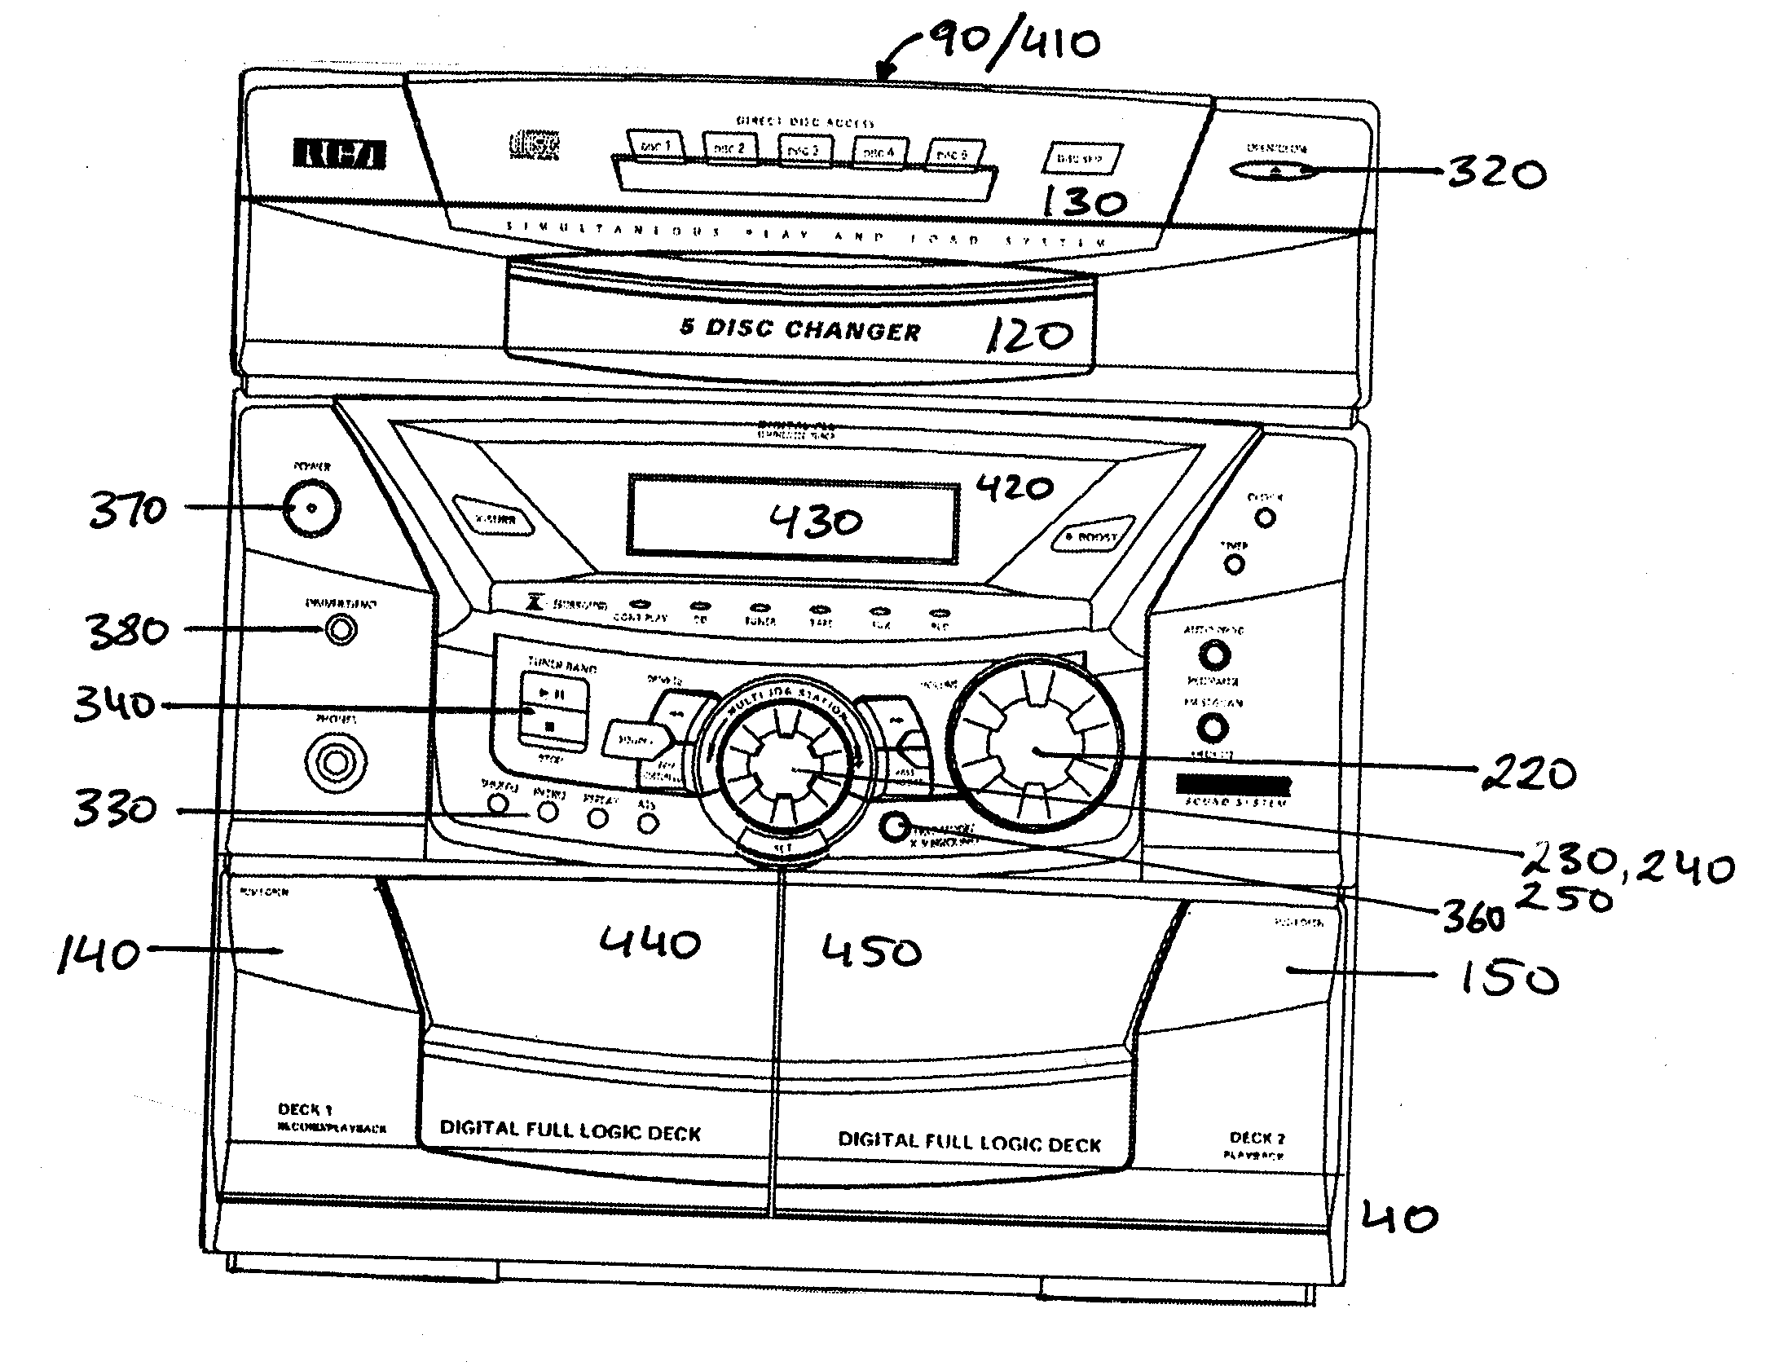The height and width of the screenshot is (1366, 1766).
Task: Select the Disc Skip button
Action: click(1081, 159)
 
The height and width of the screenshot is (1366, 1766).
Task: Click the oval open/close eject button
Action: click(1277, 171)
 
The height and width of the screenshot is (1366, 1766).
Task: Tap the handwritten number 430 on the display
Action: click(816, 521)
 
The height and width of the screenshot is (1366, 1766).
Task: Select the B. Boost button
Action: click(1090, 535)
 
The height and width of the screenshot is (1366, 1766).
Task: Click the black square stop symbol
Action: click(549, 725)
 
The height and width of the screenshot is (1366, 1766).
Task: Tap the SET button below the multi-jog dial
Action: click(782, 847)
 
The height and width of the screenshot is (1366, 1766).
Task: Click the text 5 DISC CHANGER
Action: click(799, 330)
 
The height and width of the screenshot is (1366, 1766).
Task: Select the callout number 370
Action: click(128, 511)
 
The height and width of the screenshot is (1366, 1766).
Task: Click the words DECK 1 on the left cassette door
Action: click(305, 1109)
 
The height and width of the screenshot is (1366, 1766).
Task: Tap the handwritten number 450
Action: click(871, 951)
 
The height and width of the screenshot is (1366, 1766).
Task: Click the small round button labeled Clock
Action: click(1264, 517)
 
